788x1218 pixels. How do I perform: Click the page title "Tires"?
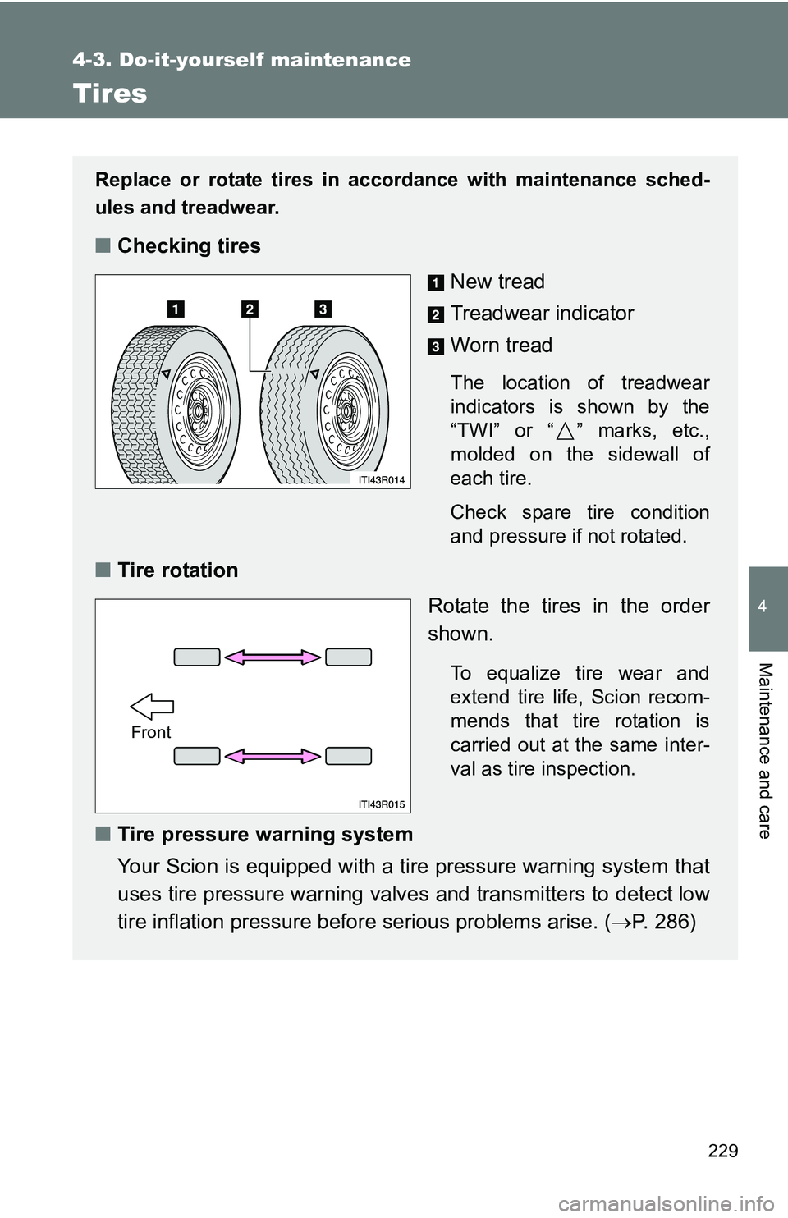coord(110,94)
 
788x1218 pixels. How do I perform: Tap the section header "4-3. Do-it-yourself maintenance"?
coord(241,60)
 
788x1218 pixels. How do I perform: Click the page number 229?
coord(722,1150)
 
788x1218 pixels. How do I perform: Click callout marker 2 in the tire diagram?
coord(250,309)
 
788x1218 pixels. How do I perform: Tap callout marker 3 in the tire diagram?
coord(323,309)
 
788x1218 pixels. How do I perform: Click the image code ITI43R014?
coord(382,480)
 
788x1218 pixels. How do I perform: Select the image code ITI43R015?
coord(382,804)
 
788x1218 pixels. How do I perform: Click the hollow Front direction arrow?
coord(152,706)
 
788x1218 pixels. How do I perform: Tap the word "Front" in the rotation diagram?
coord(151,732)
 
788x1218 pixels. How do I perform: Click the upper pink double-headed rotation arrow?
coord(273,657)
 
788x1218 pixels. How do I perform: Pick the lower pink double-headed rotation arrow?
coord(273,756)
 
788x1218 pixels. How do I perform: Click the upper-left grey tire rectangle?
coord(197,657)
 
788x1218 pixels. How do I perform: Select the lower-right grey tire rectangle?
coord(349,756)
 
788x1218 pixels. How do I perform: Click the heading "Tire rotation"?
coord(177,570)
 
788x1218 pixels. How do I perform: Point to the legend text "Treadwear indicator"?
coord(542,314)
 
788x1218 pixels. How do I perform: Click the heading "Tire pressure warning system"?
coord(265,835)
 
